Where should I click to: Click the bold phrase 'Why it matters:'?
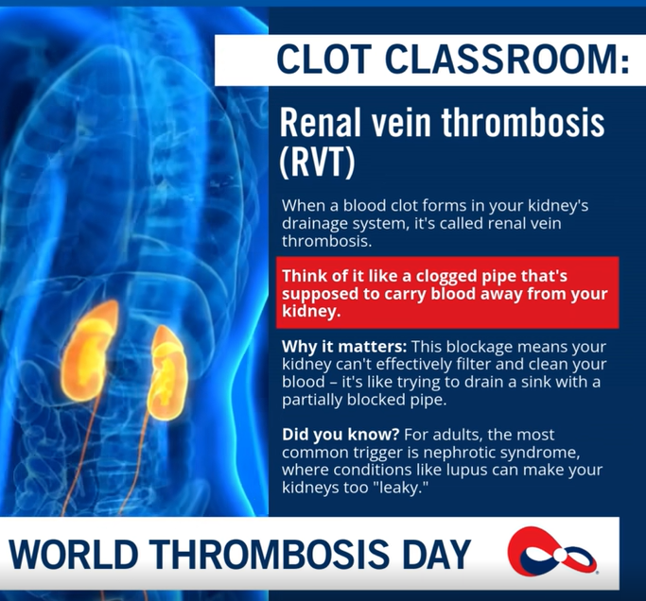(330, 346)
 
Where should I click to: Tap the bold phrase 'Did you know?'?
(327, 436)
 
